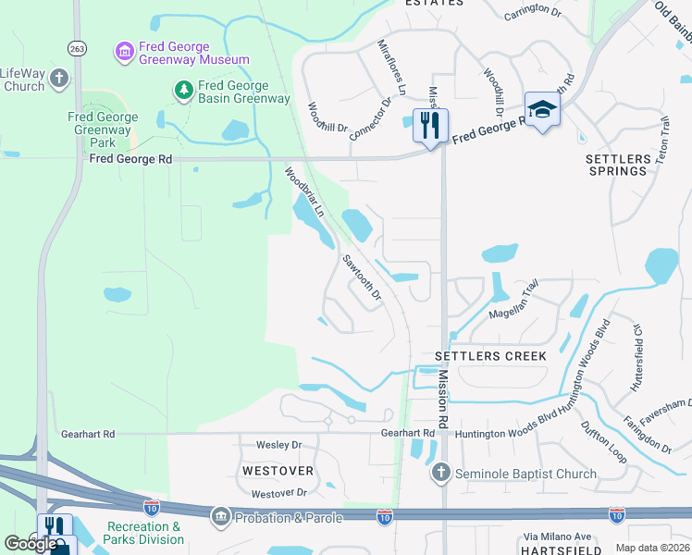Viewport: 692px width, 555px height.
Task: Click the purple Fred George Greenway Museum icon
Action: tap(124, 52)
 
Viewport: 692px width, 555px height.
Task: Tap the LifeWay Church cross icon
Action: tap(60, 79)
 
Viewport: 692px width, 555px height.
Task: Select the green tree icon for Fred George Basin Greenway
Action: tap(184, 90)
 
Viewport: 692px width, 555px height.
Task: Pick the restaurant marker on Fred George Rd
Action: tap(430, 125)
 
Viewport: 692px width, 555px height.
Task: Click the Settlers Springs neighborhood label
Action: tap(617, 165)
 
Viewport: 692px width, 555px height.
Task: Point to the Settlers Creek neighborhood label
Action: tap(491, 356)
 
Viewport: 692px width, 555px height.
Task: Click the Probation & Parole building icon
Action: tap(220, 516)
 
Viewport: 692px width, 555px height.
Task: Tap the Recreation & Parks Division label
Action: tap(144, 533)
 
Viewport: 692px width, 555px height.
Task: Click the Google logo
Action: tap(31, 544)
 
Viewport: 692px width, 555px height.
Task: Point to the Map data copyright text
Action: tap(652, 548)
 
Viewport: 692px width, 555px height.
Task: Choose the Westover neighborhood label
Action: tap(278, 471)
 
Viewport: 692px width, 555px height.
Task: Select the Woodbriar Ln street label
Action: tap(304, 191)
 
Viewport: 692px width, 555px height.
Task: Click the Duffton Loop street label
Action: tap(604, 443)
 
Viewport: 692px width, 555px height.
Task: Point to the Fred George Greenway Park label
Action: tap(103, 130)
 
